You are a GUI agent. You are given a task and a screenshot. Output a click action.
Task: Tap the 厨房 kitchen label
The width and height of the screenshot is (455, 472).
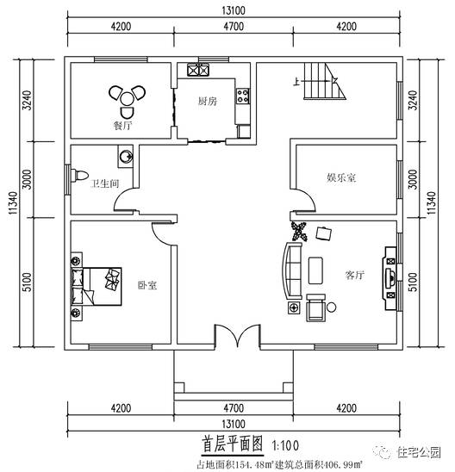click(x=207, y=101)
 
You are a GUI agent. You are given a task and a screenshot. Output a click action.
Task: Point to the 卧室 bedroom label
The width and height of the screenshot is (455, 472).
click(x=146, y=285)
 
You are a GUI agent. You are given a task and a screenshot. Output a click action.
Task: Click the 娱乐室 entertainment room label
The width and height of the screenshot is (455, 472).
click(x=341, y=177)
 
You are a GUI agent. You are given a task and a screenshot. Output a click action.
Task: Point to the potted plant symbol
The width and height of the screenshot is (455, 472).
click(x=300, y=231)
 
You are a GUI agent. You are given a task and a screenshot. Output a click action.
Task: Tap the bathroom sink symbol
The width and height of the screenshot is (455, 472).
click(x=127, y=156)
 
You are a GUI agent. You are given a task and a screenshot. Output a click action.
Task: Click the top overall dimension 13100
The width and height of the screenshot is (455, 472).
click(x=230, y=9)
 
